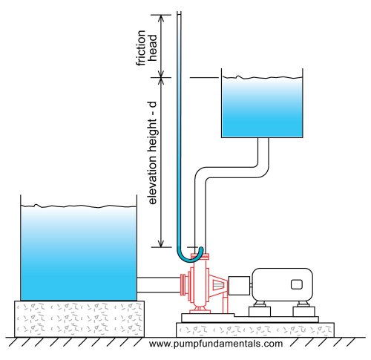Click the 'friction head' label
point(146,48)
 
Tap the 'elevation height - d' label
point(153,153)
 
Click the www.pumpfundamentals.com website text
point(216,344)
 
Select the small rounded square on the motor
point(297,284)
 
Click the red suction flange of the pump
point(183,285)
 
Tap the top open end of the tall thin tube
point(179,13)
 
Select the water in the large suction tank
point(79,253)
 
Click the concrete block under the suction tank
point(79,319)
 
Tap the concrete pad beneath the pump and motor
point(255,330)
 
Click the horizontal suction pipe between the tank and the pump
point(159,285)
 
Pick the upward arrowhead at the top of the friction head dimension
point(161,18)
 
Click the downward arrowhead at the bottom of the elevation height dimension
point(161,243)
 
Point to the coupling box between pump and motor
point(239,286)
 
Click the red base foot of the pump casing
point(200,310)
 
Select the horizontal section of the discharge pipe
point(232,172)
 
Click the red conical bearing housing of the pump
point(218,285)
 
